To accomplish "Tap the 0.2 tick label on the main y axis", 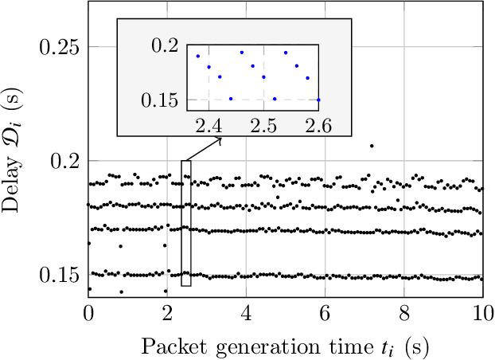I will point(64,161).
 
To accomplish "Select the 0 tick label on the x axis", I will point(88,311).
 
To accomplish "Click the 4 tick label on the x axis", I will point(246,311).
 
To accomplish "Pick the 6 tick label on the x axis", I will point(325,311).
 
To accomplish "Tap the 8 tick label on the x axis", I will point(403,311).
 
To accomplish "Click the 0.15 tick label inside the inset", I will point(162,100).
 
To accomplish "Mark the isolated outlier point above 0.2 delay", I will point(372,146).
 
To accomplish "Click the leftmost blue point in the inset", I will point(198,56).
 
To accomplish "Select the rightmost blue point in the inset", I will point(318,100).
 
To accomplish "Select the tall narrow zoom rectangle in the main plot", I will point(186,223).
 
